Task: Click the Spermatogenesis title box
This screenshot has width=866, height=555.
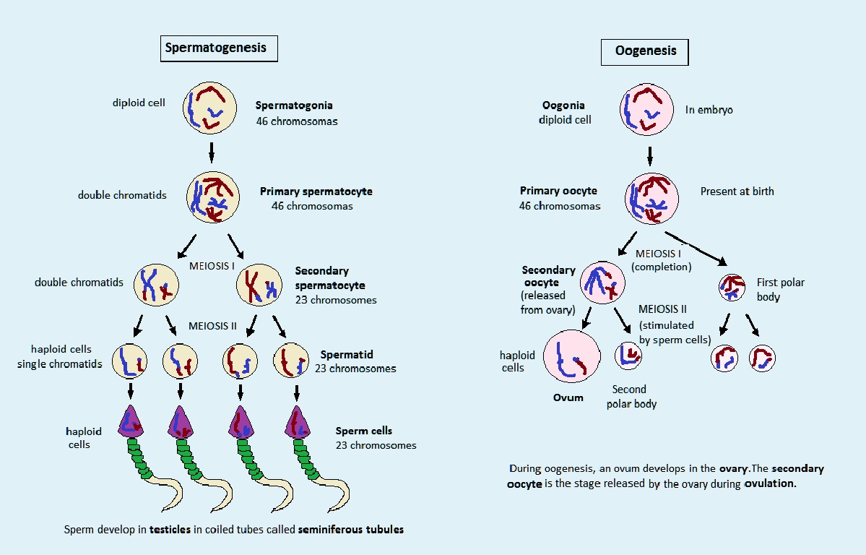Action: [x=215, y=48]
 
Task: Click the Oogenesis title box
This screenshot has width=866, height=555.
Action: [x=645, y=51]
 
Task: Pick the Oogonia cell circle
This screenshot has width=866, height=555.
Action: [x=647, y=110]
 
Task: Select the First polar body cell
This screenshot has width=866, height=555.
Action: [x=732, y=287]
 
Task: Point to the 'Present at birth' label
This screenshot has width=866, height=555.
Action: [x=737, y=192]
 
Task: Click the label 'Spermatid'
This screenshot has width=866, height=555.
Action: [x=347, y=355]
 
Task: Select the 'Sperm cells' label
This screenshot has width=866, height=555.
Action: [x=364, y=431]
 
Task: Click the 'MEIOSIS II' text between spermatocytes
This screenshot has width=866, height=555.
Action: [x=212, y=326]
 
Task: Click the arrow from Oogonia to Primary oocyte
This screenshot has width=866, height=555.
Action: [x=649, y=155]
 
